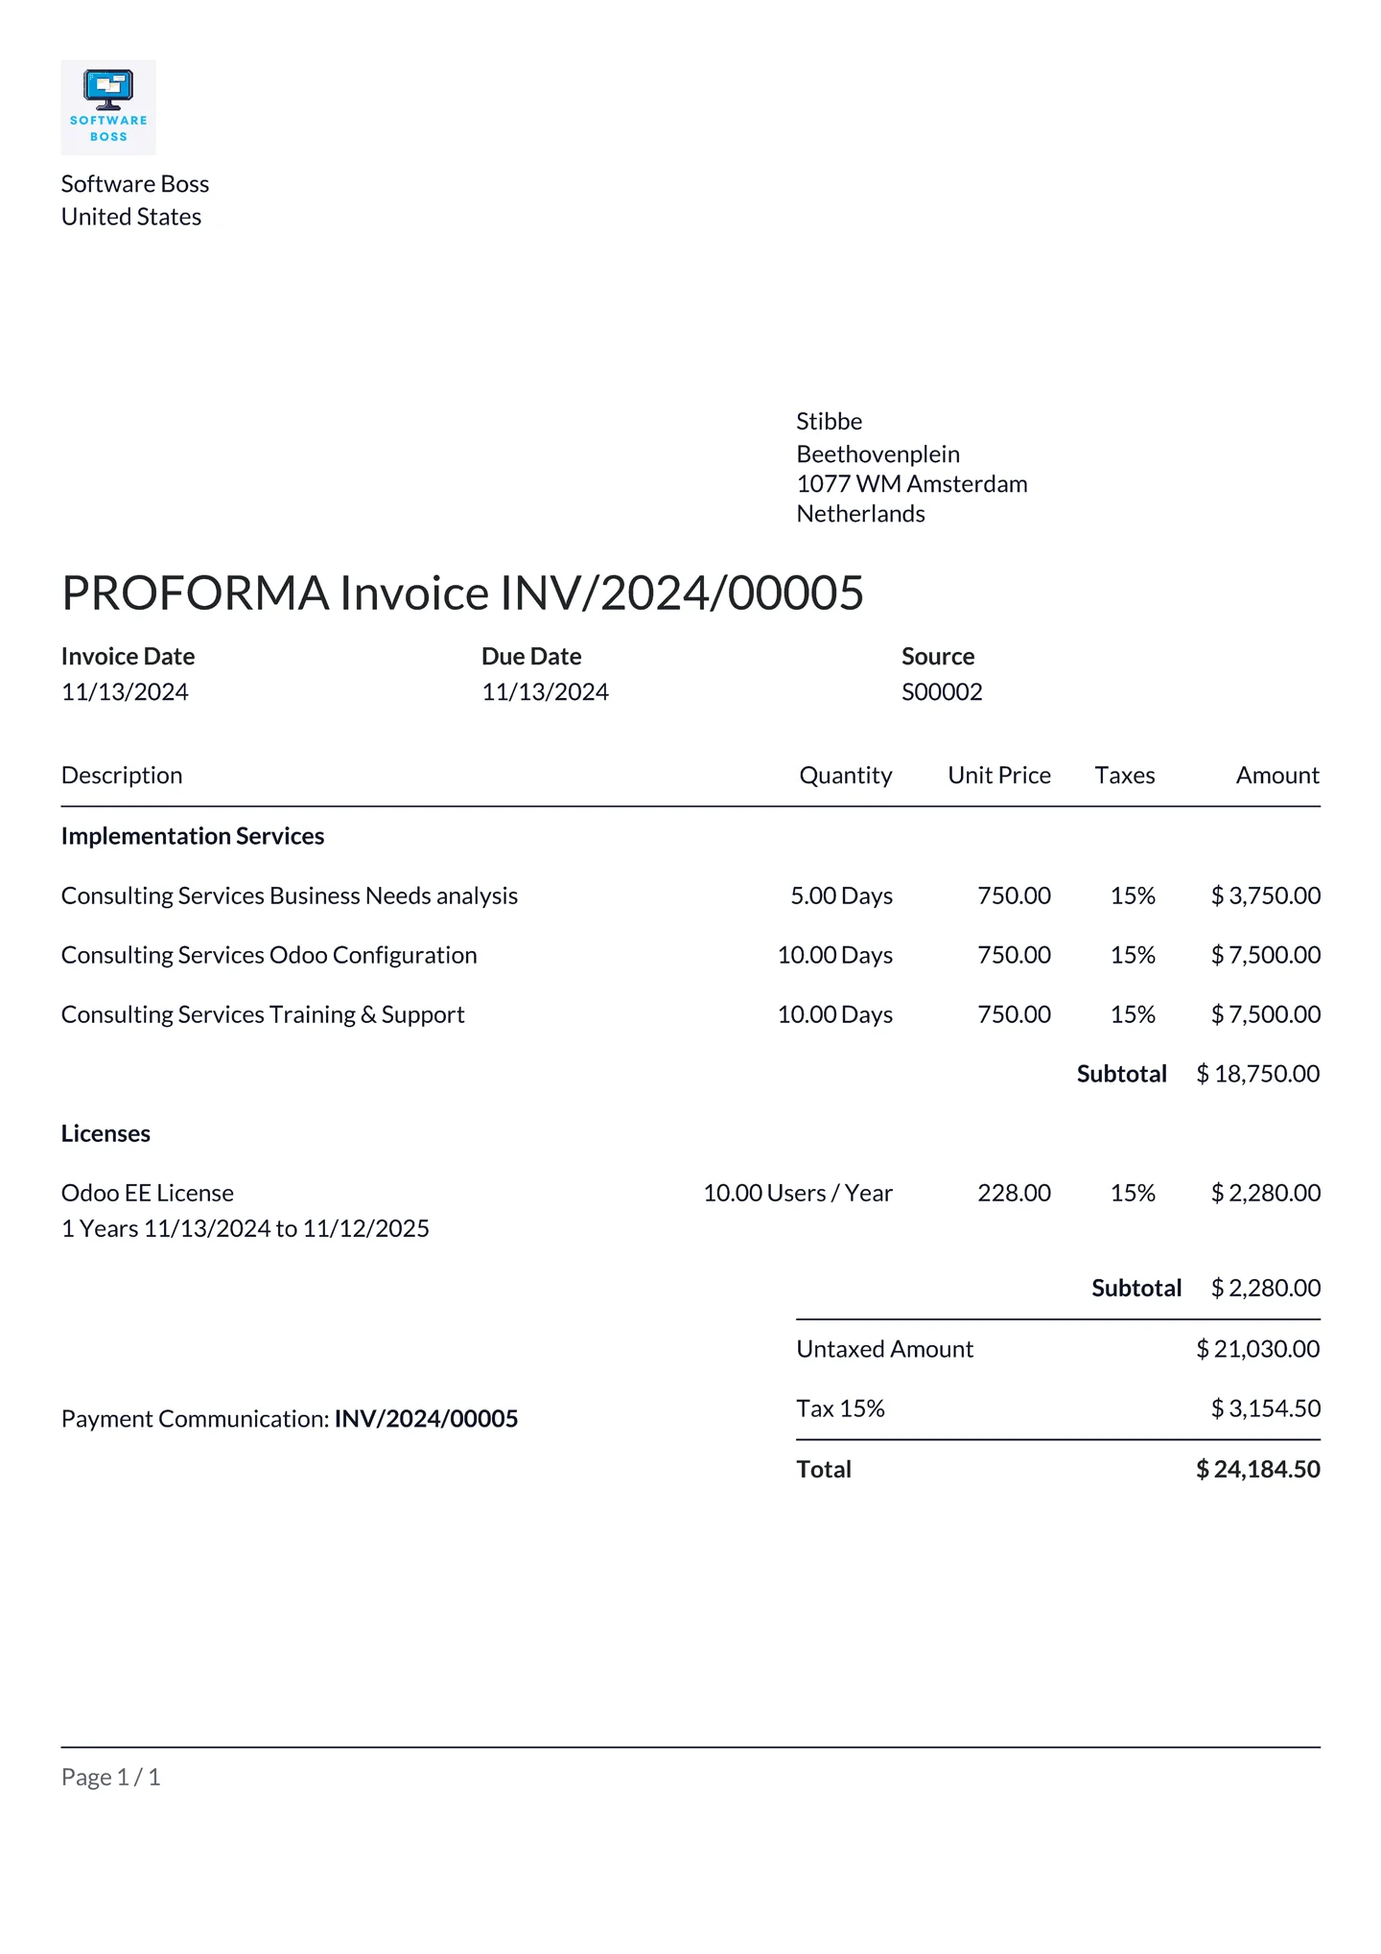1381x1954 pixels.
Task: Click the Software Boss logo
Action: [x=108, y=107]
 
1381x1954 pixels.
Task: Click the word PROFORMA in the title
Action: [x=196, y=593]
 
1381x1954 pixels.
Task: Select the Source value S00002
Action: [x=941, y=692]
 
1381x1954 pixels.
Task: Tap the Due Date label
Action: [x=531, y=657]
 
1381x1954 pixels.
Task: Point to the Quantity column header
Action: [x=845, y=776]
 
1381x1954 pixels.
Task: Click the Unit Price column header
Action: [x=998, y=776]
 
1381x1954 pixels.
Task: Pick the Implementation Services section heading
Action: [x=193, y=836]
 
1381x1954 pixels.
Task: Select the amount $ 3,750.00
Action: [x=1265, y=896]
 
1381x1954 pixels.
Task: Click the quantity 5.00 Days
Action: [x=841, y=896]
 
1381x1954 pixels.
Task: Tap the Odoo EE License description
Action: [x=148, y=1193]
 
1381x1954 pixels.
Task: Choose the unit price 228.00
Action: [x=1014, y=1193]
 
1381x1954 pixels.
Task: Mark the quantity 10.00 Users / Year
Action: [x=797, y=1193]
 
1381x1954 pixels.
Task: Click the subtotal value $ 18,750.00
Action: [x=1257, y=1074]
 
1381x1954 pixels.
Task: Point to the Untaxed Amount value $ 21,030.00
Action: [x=1257, y=1349]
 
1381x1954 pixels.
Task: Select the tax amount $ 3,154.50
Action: [x=1265, y=1408]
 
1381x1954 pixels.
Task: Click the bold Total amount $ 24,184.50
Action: [x=1257, y=1470]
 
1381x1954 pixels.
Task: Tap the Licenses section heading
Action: [x=105, y=1133]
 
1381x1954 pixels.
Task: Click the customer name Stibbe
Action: [x=829, y=422]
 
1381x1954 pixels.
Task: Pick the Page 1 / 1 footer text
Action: [x=110, y=1778]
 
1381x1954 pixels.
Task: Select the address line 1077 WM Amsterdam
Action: [x=911, y=484]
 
